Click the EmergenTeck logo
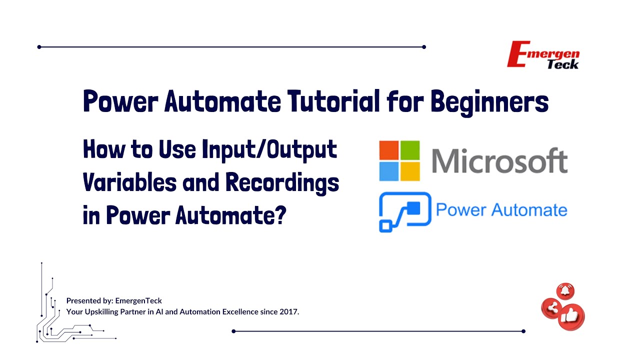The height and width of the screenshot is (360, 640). (x=543, y=55)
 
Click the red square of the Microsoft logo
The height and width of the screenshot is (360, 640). (x=388, y=150)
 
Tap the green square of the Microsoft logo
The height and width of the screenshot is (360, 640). (x=410, y=150)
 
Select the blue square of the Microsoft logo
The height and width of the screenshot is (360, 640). (x=388, y=171)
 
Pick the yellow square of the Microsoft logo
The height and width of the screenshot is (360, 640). (x=410, y=171)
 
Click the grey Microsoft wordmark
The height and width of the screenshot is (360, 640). (x=498, y=161)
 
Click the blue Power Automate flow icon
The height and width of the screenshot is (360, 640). (x=404, y=211)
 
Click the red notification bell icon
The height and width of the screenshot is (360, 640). (x=565, y=291)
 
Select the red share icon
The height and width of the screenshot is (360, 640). (x=552, y=308)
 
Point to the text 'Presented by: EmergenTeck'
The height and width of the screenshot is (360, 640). (x=114, y=300)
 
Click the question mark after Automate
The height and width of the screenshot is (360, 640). (x=281, y=215)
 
